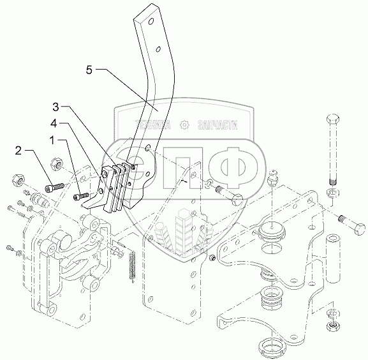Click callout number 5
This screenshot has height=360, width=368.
(89, 70)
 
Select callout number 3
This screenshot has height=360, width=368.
(55, 107)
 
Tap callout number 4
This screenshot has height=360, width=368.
(54, 124)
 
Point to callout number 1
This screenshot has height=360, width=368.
(52, 140)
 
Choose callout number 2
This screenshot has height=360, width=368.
(18, 151)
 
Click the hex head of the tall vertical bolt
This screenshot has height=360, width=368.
(332, 119)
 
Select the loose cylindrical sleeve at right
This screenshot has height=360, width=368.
(332, 258)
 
